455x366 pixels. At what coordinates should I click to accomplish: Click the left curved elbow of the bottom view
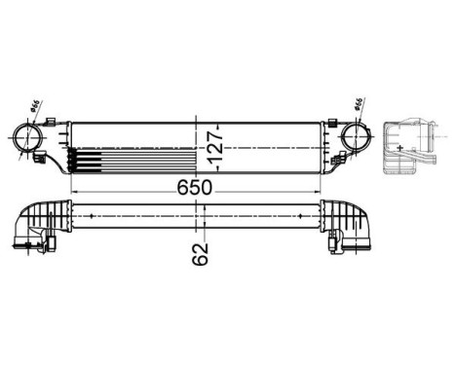38,234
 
